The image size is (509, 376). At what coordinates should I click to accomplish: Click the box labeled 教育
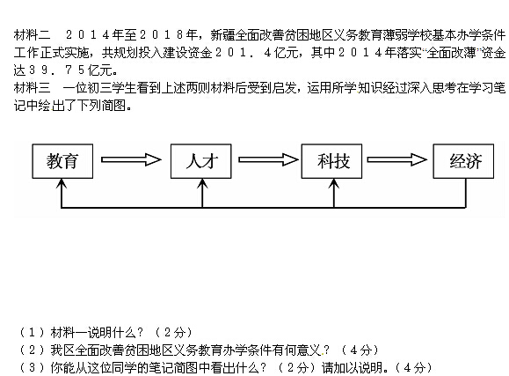point(62,161)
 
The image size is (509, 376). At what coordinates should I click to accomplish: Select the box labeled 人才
point(201,161)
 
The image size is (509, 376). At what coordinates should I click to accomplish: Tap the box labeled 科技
point(331,161)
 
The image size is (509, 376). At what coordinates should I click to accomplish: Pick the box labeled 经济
point(463,161)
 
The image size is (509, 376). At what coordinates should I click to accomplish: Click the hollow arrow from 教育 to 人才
point(131,159)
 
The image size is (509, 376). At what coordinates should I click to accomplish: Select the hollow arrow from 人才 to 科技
point(268,159)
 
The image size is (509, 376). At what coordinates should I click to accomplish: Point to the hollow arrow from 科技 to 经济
point(397,159)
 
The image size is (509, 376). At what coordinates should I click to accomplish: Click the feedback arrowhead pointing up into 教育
point(62,183)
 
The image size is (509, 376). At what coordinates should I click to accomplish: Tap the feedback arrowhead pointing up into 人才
point(202,183)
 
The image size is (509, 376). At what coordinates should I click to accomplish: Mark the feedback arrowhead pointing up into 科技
point(334,183)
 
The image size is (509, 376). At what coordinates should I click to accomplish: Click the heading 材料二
point(32,35)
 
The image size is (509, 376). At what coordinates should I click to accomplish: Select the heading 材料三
point(32,87)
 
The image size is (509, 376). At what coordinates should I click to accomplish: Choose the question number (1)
point(32,333)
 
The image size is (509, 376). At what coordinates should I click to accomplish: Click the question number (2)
point(32,350)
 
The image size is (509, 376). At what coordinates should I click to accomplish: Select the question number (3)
point(32,367)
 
